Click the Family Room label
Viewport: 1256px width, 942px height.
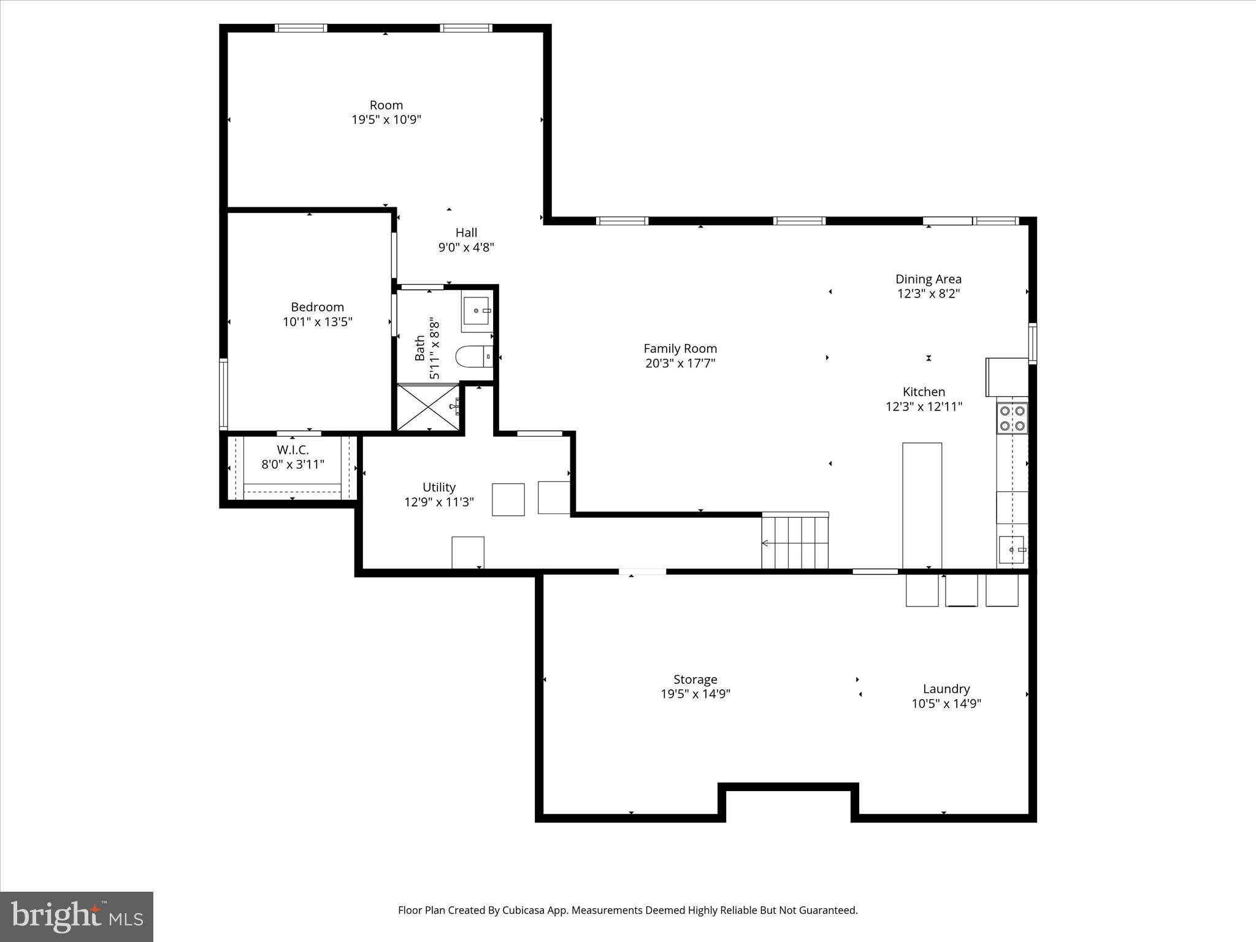coord(680,348)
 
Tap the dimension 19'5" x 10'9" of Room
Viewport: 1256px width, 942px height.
coord(386,120)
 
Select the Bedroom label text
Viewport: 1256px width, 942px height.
coord(317,307)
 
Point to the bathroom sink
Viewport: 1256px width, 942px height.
coord(477,311)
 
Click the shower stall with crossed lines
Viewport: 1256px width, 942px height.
coord(428,407)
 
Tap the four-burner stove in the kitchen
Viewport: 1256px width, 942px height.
coord(1012,418)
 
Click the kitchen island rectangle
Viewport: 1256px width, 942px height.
coord(922,505)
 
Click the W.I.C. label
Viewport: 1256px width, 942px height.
coord(293,450)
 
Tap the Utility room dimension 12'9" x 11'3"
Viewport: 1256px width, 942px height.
coord(438,502)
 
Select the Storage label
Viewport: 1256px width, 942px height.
coord(695,680)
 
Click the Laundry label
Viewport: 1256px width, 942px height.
coord(946,689)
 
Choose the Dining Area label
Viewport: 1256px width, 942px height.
coord(928,279)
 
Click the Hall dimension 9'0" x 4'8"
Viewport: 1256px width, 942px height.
coord(466,248)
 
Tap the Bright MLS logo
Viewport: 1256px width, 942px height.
coord(77,917)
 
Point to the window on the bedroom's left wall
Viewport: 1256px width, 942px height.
coord(224,394)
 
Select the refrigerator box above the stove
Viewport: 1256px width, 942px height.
coord(1006,377)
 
